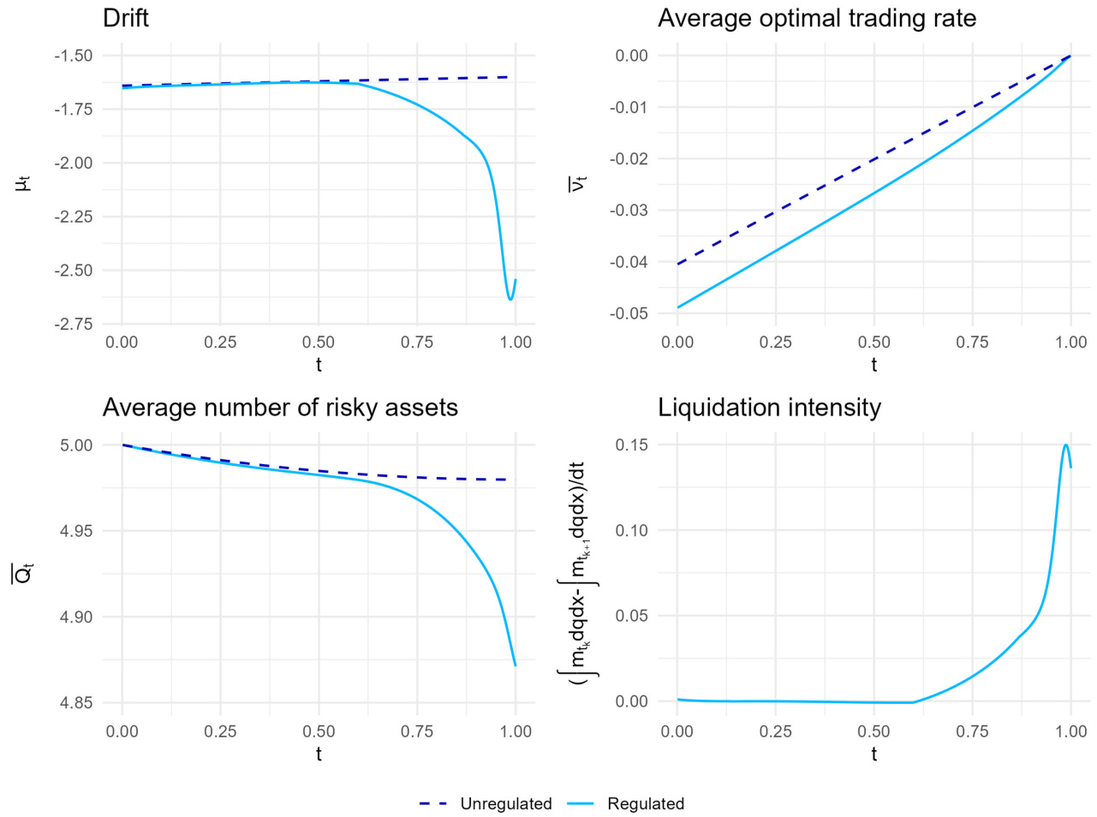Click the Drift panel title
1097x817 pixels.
coord(125,18)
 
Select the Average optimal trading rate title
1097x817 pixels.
coord(816,18)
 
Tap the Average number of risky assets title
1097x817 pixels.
coord(280,408)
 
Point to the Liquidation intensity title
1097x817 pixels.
coord(769,408)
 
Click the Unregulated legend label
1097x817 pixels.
coord(505,804)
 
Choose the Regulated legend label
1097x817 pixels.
coord(646,804)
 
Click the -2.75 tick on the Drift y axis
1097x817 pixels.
coord(73,325)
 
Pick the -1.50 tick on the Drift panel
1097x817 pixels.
coord(73,56)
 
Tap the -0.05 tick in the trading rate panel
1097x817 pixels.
coord(629,313)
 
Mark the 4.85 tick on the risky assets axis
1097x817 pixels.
coord(76,703)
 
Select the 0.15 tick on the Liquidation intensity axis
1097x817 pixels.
coord(632,445)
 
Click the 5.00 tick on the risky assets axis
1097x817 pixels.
coord(76,445)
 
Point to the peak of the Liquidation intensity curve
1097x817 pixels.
coord(1065,444)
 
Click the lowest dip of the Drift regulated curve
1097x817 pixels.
coord(510,300)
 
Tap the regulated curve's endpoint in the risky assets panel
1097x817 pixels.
coord(516,665)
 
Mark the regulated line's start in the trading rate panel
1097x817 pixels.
coord(677,307)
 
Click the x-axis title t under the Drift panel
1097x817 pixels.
coord(319,365)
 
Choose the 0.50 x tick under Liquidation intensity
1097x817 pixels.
coord(873,731)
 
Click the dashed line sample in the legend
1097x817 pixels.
coord(433,804)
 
